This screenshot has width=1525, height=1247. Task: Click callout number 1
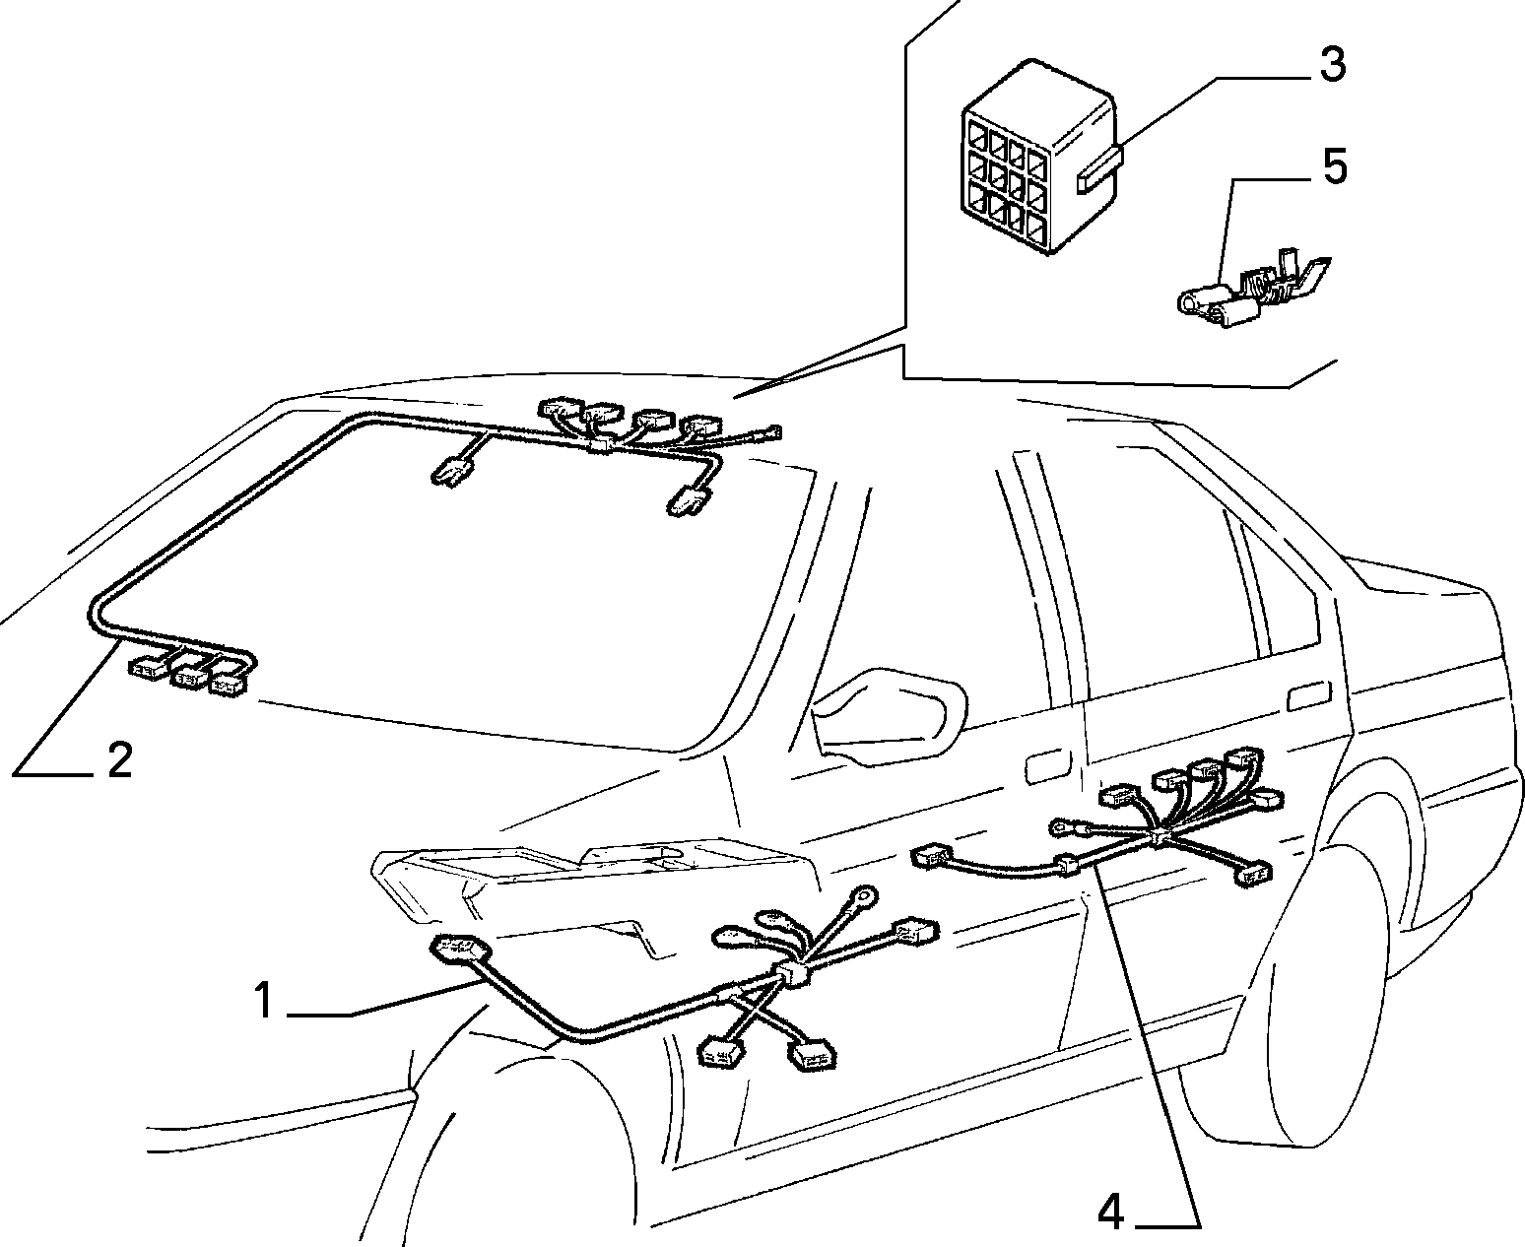265,1000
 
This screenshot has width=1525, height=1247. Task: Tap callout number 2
120,760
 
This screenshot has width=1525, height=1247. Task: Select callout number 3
1332,64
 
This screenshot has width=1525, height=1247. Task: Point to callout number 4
1110,1212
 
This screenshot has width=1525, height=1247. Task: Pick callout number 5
1333,166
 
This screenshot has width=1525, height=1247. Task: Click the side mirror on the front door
889,717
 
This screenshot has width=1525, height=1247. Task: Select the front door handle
1048,768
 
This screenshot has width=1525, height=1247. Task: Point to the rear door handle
1309,695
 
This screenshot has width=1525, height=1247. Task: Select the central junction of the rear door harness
1159,837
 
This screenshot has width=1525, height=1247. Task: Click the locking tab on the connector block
1099,169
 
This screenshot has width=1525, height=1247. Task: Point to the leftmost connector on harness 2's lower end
148,667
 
